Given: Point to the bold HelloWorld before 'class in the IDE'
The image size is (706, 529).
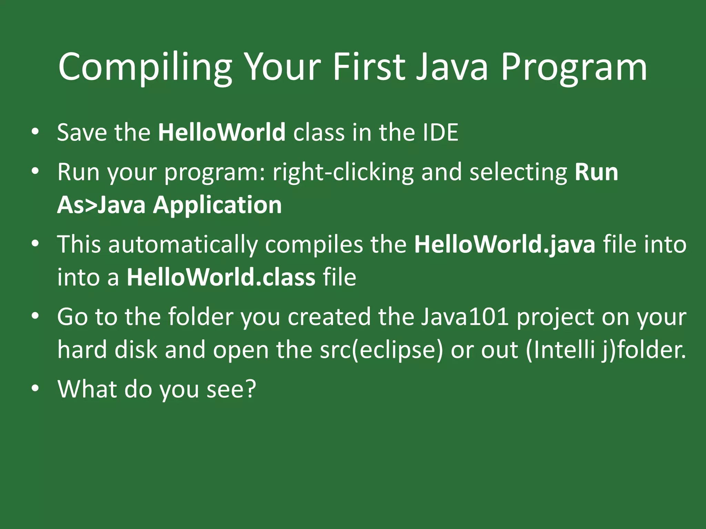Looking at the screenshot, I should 222,132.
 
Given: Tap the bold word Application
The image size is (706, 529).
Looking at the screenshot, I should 217,205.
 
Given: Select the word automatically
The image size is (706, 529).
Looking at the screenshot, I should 183,245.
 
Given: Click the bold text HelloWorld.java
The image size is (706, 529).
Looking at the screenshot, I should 505,245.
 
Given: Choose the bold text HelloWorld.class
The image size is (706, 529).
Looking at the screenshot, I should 221,277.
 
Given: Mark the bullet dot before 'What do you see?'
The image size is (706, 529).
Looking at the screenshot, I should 35,388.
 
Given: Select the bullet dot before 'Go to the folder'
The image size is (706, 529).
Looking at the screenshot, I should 35,317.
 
